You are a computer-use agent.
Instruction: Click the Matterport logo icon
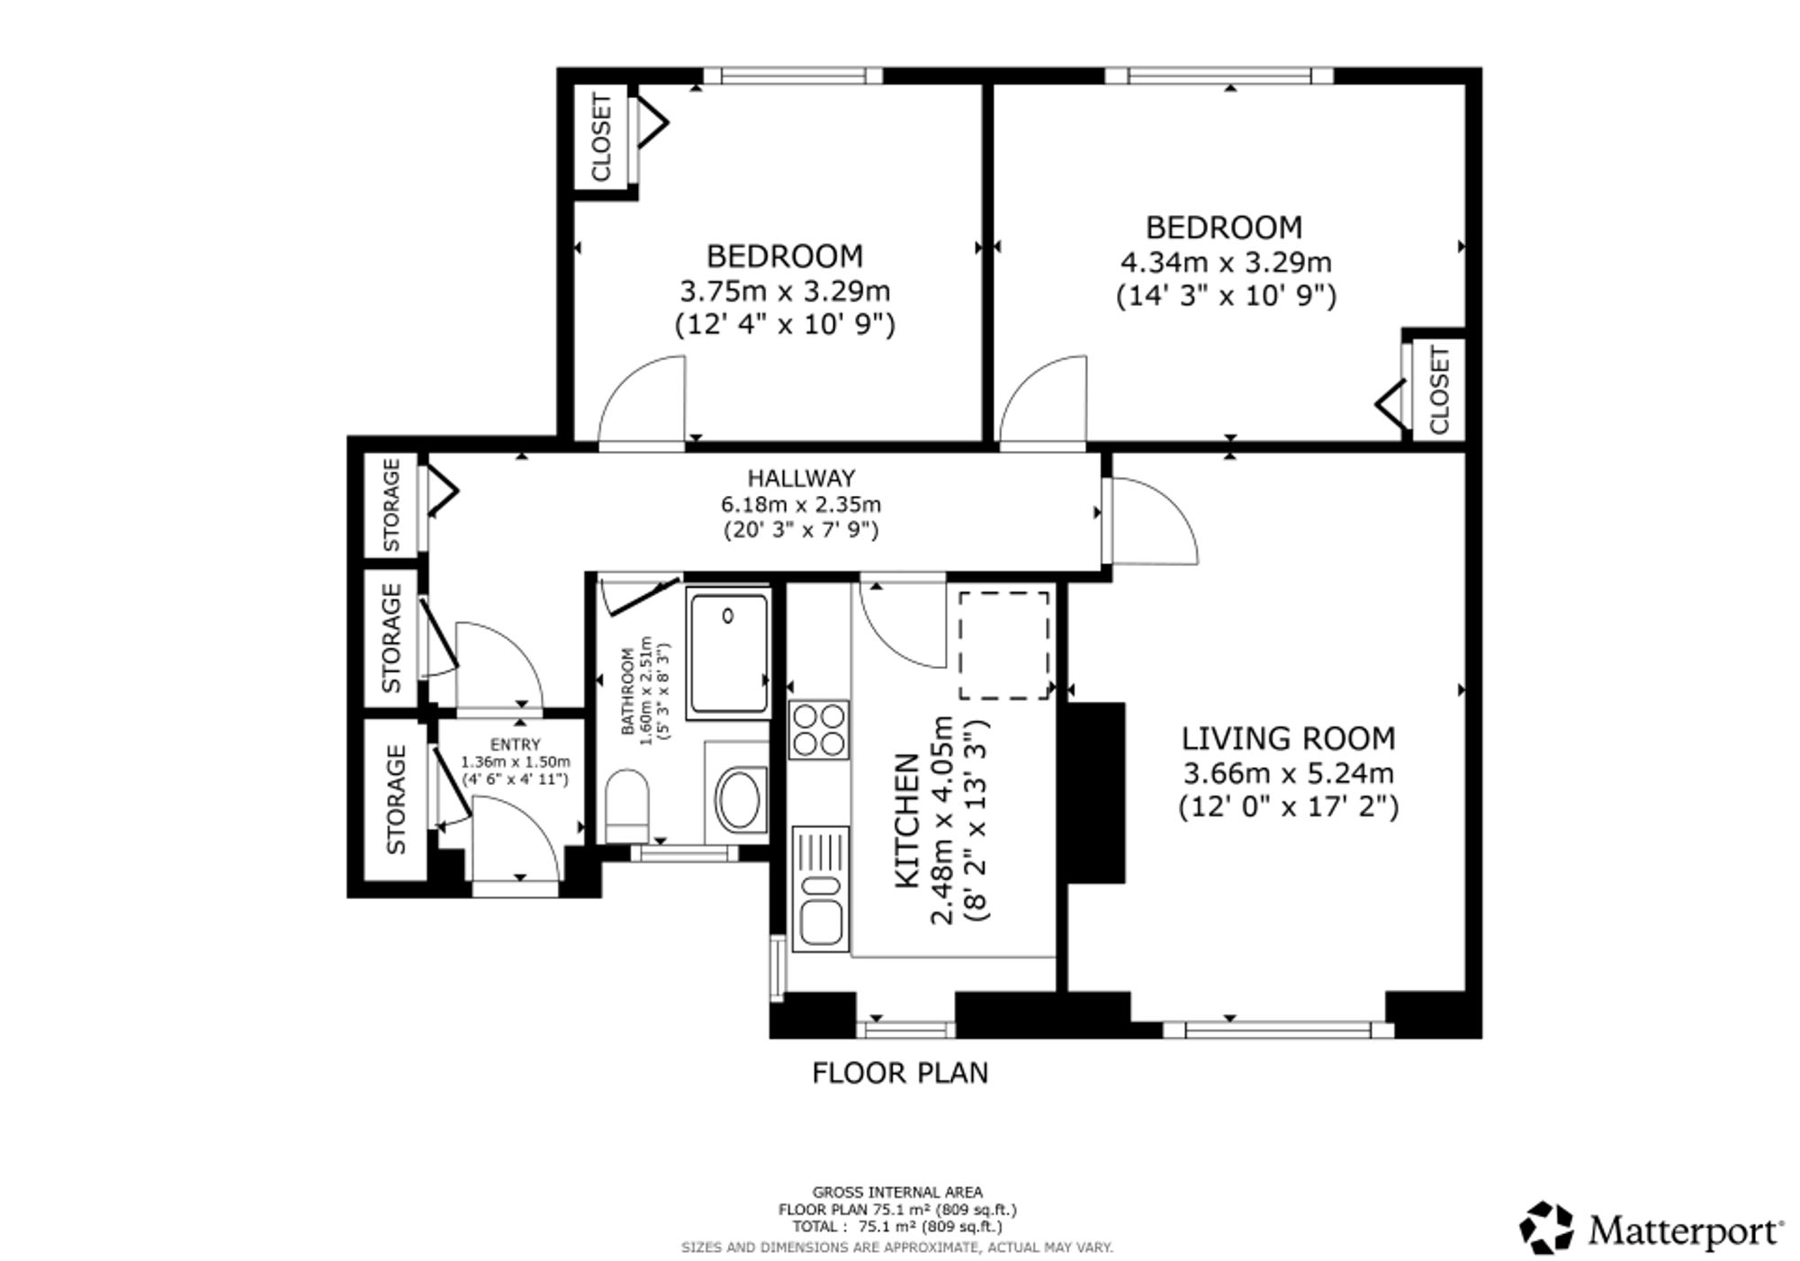pos(1547,1228)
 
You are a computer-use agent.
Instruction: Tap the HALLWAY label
pos(801,478)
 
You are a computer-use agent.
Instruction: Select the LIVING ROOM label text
pos(1289,739)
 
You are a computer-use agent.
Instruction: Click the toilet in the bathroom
pos(627,806)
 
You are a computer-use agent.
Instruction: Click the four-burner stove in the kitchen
pos(819,730)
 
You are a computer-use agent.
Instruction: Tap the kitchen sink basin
pos(820,922)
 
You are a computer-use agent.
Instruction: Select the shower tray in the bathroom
pos(728,653)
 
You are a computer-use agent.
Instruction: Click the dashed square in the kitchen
pos(1004,645)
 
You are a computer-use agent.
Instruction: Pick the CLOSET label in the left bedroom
pos(601,137)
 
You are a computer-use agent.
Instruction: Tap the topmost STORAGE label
pos(391,505)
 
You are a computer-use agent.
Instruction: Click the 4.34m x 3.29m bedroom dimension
pos(1226,263)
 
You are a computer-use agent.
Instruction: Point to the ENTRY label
pos(516,744)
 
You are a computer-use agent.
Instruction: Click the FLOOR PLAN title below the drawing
pos(900,1073)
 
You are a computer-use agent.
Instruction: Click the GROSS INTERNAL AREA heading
pos(897,1193)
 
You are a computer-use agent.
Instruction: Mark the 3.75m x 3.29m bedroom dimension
pos(785,292)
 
